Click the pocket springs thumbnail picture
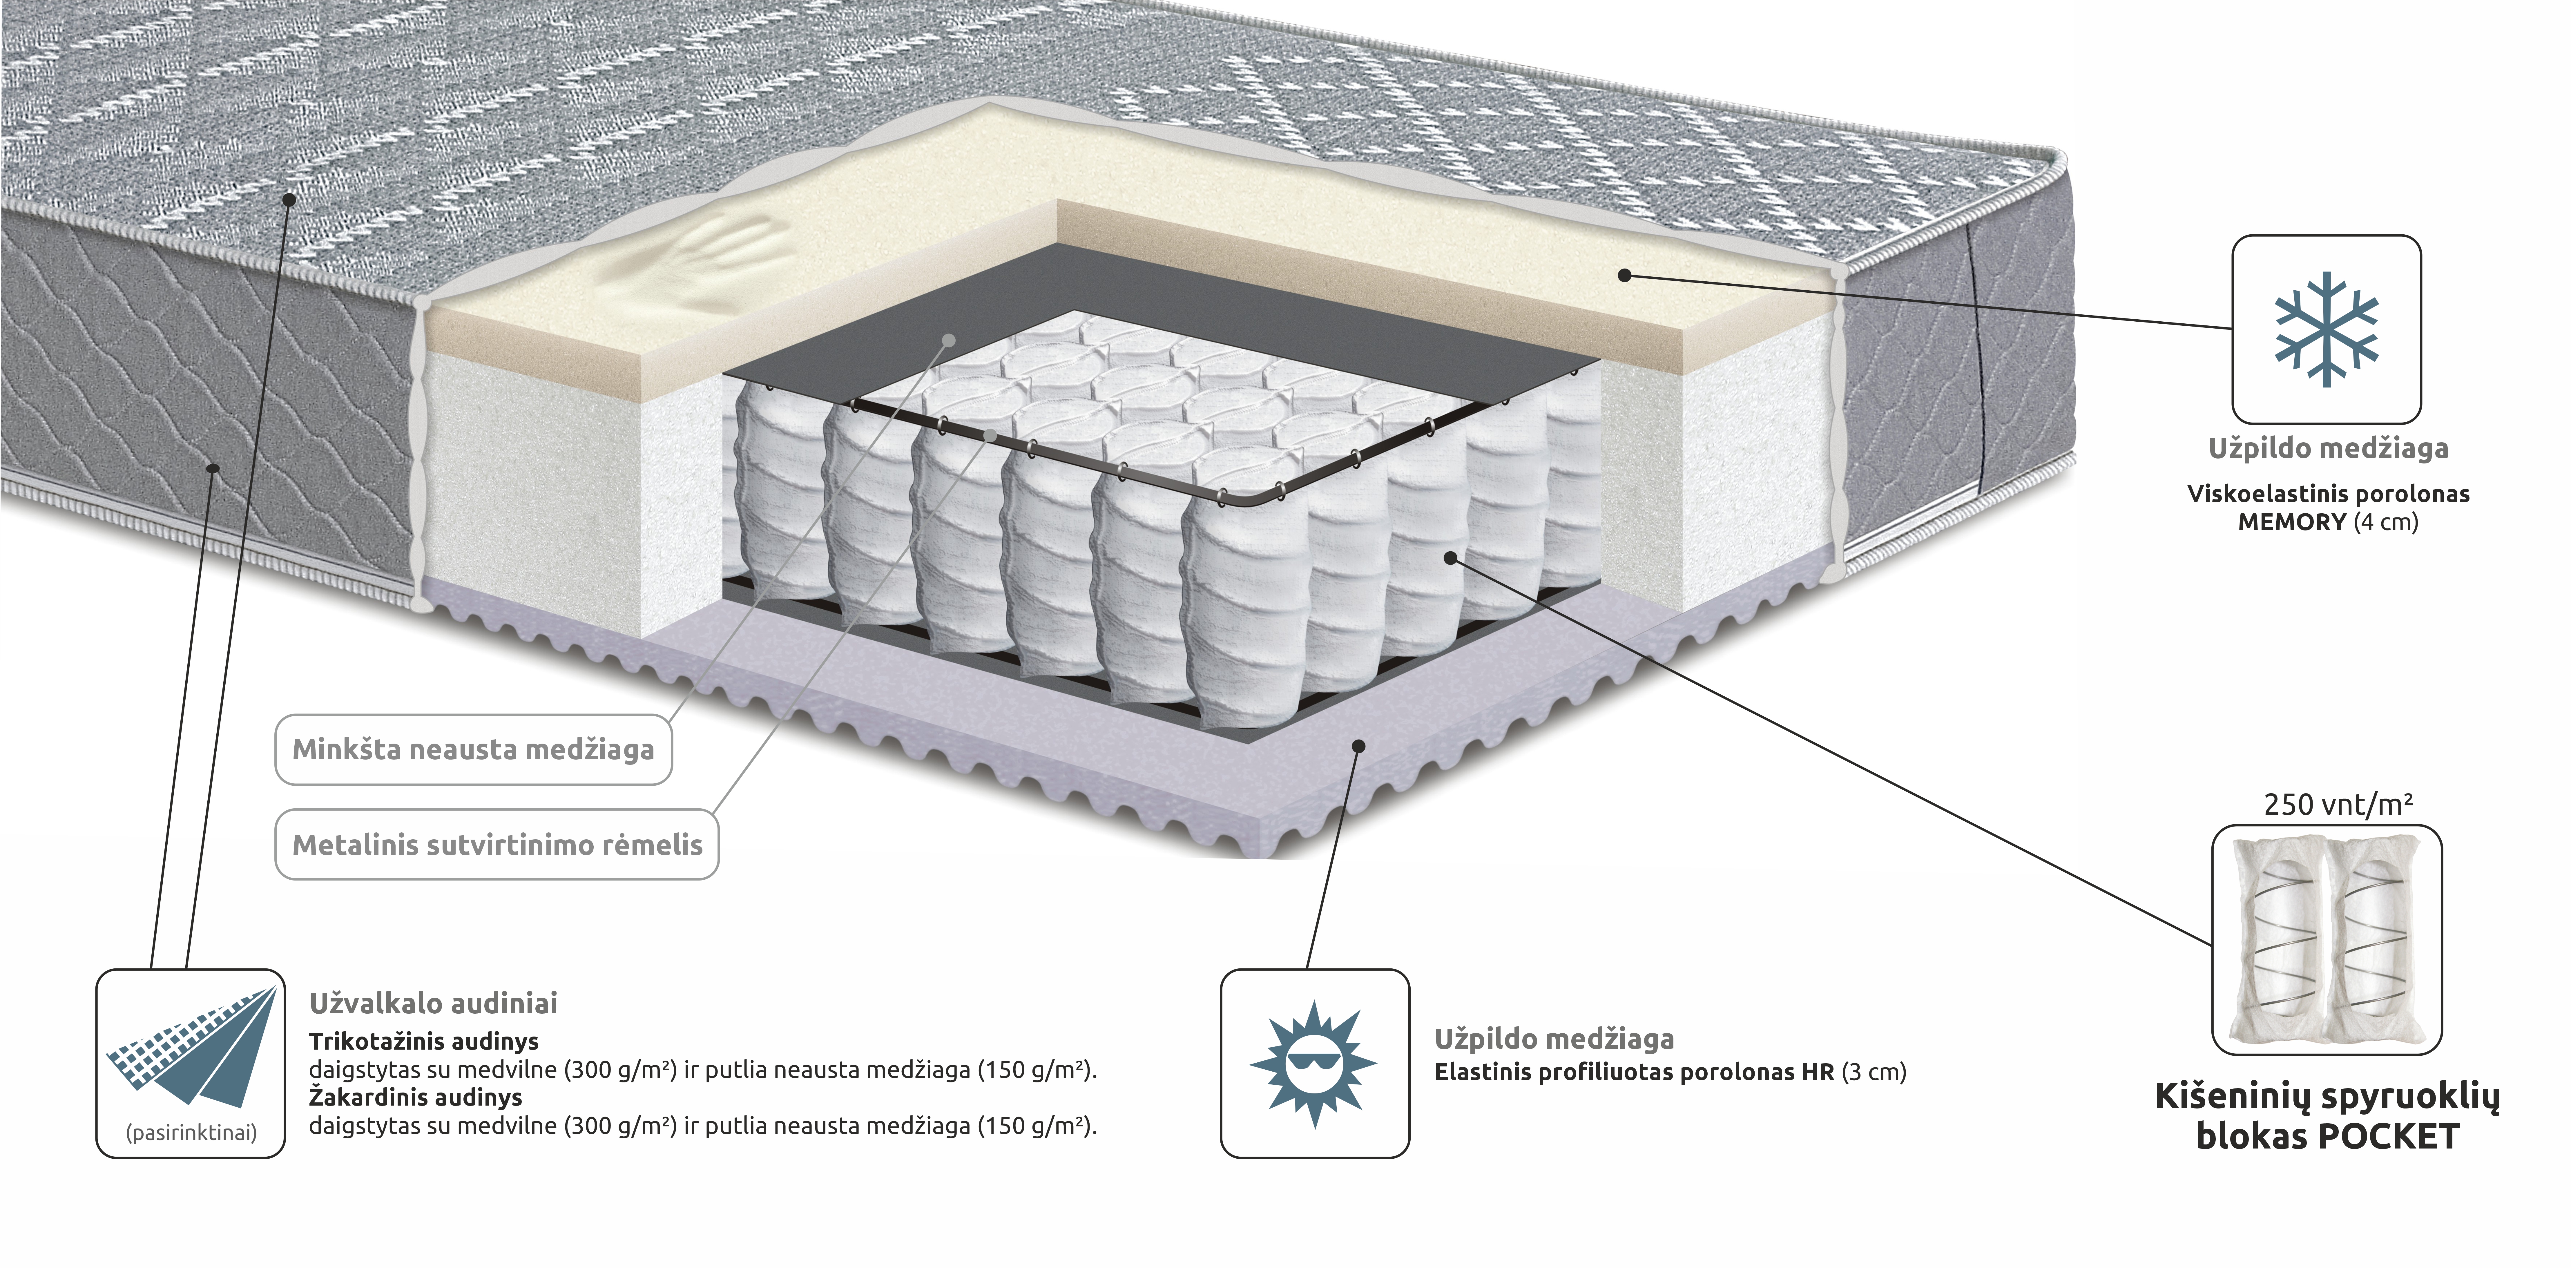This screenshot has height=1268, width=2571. coord(2327,939)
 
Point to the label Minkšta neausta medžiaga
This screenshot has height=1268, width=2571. coord(473,750)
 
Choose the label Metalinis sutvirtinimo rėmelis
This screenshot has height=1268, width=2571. coord(497,845)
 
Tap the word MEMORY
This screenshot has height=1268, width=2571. coord(2291,522)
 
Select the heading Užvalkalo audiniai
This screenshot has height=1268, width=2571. coord(433,1003)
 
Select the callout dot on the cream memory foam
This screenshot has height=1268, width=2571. coord(1624,275)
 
